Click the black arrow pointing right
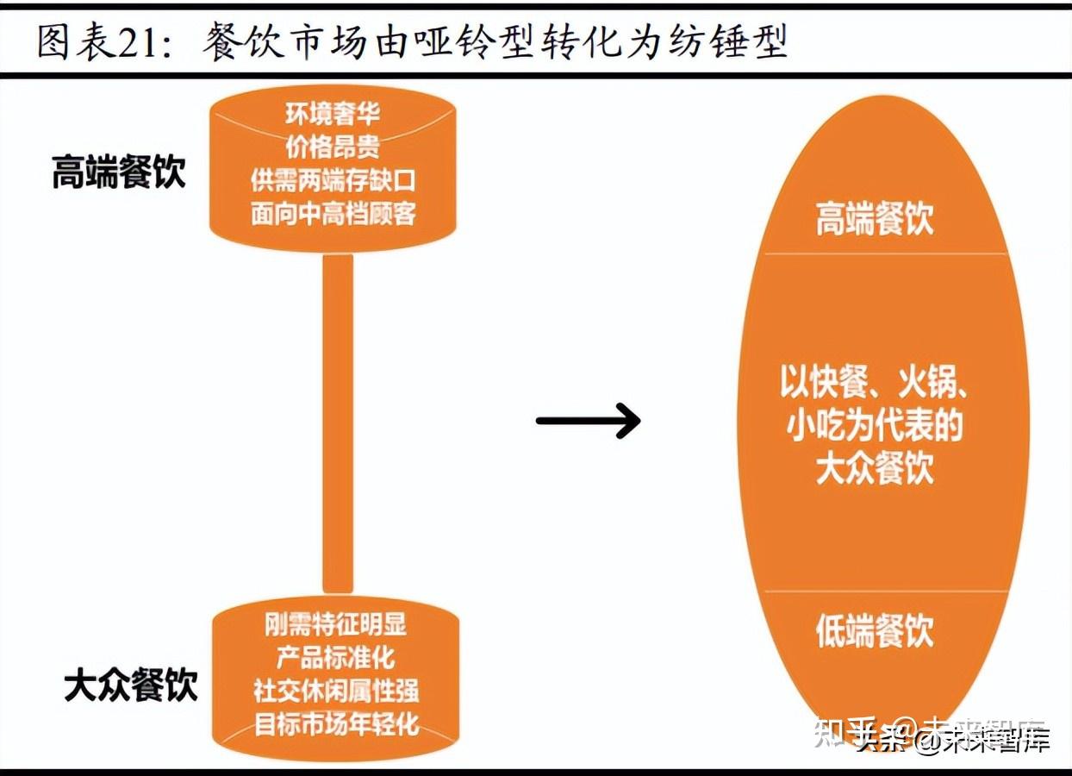(589, 421)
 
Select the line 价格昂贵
(333, 147)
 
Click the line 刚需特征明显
(335, 624)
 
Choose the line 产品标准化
(335, 657)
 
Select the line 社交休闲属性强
(336, 690)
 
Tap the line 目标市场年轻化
(336, 723)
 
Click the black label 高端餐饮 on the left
(118, 172)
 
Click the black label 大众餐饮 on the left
(131, 685)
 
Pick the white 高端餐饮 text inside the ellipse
(875, 219)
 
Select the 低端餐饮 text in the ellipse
(875, 631)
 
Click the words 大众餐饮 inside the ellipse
(875, 469)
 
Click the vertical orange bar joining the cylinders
(338, 422)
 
